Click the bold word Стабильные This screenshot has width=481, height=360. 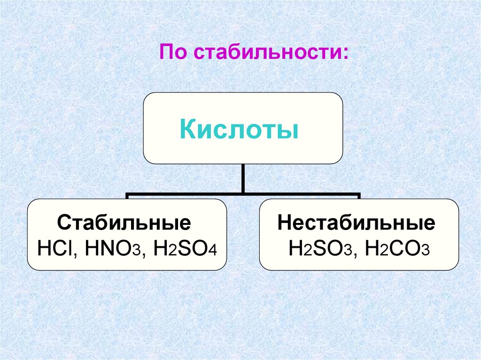[x=124, y=222]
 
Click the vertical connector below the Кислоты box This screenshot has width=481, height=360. [x=242, y=178]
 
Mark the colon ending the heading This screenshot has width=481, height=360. [x=345, y=53]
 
